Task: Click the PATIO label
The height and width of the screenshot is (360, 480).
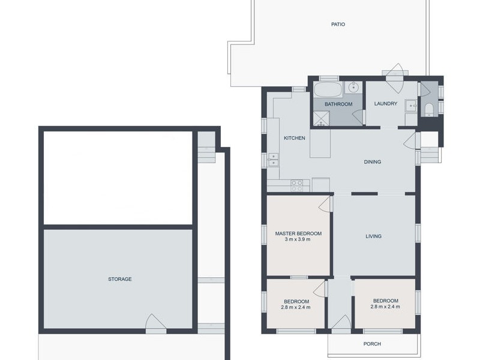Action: [338, 24]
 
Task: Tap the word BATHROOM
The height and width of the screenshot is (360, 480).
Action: [338, 104]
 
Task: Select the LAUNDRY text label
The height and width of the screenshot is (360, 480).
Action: [385, 103]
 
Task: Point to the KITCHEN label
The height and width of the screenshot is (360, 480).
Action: [294, 138]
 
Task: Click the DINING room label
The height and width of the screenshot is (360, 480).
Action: [372, 161]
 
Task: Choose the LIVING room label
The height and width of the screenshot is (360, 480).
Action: [373, 236]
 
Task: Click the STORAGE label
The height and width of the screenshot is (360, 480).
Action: [119, 279]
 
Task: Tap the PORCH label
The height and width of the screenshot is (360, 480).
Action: [372, 344]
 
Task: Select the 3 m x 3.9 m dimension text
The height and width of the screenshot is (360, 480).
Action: [297, 239]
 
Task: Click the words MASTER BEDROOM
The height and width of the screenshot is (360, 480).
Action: [298, 233]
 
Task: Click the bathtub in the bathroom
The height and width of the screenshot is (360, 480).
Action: [328, 89]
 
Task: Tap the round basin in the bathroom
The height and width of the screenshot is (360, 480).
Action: [353, 87]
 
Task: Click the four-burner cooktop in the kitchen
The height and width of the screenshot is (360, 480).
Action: [296, 185]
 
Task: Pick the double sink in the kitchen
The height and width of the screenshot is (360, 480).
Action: [273, 160]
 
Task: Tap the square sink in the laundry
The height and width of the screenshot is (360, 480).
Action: [410, 106]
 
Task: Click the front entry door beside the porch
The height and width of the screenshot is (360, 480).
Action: [341, 325]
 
